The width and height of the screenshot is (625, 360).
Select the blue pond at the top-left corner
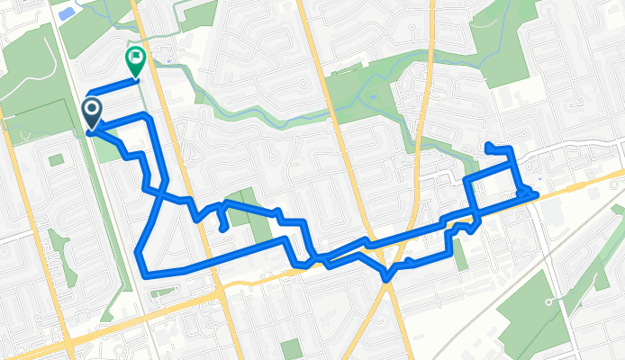click(x=65, y=13)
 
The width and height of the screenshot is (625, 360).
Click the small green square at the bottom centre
click(x=290, y=347)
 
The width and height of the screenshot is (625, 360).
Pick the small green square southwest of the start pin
click(x=56, y=159)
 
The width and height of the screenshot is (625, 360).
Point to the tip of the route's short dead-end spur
click(x=222, y=229)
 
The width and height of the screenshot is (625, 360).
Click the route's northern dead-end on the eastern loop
click(x=487, y=145)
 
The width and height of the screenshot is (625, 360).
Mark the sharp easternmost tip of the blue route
click(x=537, y=193)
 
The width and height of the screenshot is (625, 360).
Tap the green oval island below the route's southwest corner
click(x=164, y=292)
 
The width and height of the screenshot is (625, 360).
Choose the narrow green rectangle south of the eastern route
click(x=461, y=255)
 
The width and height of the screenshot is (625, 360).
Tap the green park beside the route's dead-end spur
click(x=240, y=206)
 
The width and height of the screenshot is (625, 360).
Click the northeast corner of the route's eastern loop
click(x=512, y=148)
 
